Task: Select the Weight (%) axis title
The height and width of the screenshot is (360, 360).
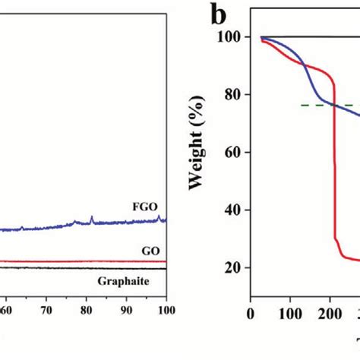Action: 199,152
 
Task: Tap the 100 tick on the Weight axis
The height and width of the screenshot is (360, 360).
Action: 229,37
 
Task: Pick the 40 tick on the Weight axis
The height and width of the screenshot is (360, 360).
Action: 232,210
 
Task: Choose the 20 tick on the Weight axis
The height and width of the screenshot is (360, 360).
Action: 232,268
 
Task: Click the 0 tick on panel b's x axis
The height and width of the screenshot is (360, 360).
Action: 251,311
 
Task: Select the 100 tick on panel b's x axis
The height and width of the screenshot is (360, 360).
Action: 291,311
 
